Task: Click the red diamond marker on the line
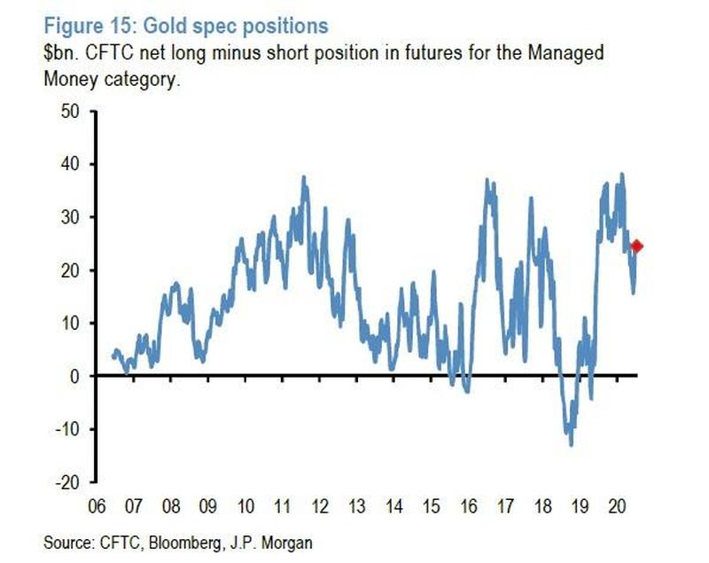point(636,246)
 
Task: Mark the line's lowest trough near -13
point(571,444)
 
